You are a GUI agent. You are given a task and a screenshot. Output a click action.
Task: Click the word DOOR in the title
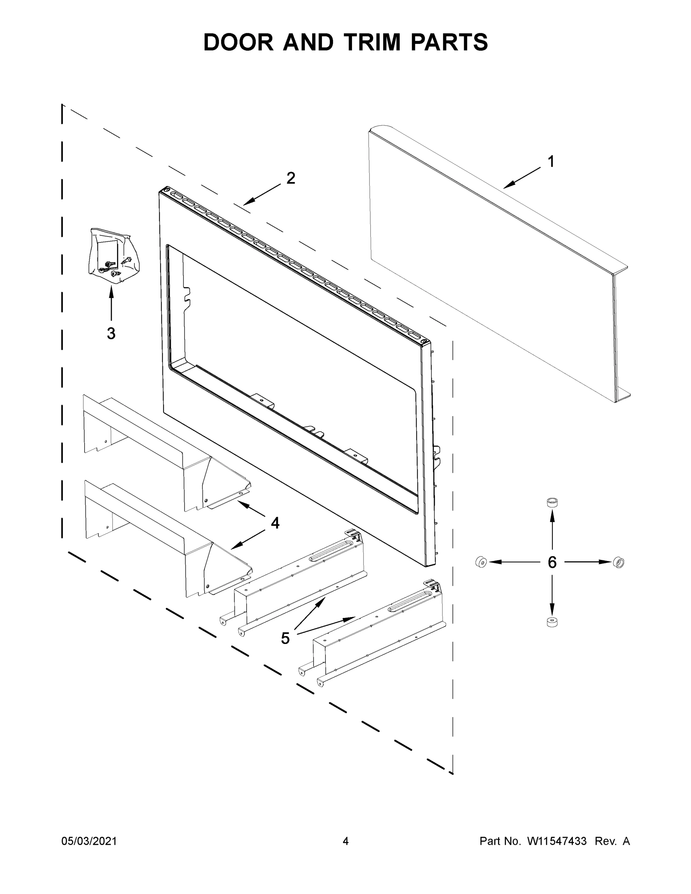[238, 42]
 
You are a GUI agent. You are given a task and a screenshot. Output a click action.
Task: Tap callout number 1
[551, 162]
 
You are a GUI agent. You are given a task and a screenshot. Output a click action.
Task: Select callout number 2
[291, 178]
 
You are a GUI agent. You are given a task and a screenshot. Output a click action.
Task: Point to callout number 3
[111, 334]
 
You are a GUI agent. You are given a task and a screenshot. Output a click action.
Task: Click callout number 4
[275, 523]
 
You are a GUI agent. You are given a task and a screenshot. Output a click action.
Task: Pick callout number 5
[285, 638]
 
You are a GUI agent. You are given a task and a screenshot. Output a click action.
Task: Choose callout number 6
[552, 562]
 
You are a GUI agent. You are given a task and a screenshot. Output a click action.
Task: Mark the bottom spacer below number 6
[552, 622]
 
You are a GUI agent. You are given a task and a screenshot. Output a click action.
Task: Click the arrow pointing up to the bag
[111, 303]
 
